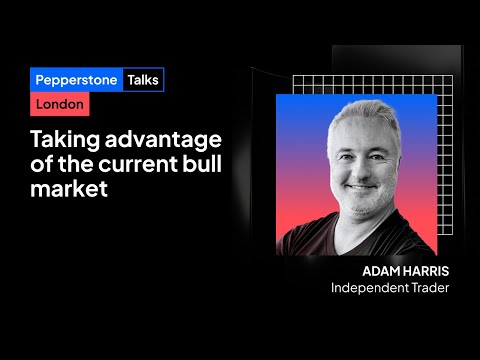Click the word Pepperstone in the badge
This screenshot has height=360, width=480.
(x=75, y=80)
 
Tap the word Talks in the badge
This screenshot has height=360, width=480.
(x=143, y=80)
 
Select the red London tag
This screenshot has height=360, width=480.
(x=59, y=105)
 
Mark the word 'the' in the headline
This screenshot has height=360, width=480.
(x=92, y=164)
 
